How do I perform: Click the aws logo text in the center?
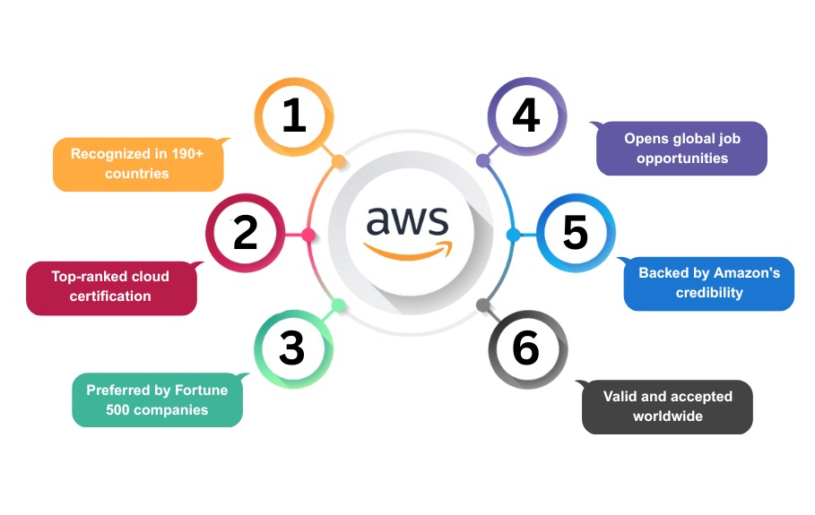407,220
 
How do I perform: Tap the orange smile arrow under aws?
409,253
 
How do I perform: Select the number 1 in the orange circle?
294,115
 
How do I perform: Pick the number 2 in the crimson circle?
246,232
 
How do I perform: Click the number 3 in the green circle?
291,348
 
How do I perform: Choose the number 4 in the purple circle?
526,115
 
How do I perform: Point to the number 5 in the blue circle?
576,232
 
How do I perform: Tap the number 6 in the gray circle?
525,348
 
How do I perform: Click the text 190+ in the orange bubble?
187,154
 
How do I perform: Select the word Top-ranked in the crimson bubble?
83,277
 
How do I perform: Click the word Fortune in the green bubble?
201,390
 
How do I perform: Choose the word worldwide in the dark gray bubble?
667,416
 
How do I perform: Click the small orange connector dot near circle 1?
338,161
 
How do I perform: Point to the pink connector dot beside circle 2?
308,235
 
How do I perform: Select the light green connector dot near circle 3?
338,305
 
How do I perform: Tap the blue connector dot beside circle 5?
513,235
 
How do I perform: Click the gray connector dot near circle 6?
483,305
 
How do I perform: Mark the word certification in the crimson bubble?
110,296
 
